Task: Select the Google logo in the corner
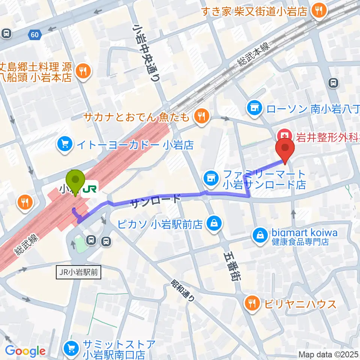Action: pyautogui.click(x=25, y=351)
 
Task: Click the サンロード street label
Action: pyautogui.click(x=156, y=201)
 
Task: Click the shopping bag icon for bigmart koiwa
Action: pyautogui.click(x=259, y=235)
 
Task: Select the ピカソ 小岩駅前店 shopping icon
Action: pyautogui.click(x=213, y=225)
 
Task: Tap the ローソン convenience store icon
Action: pyautogui.click(x=254, y=108)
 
